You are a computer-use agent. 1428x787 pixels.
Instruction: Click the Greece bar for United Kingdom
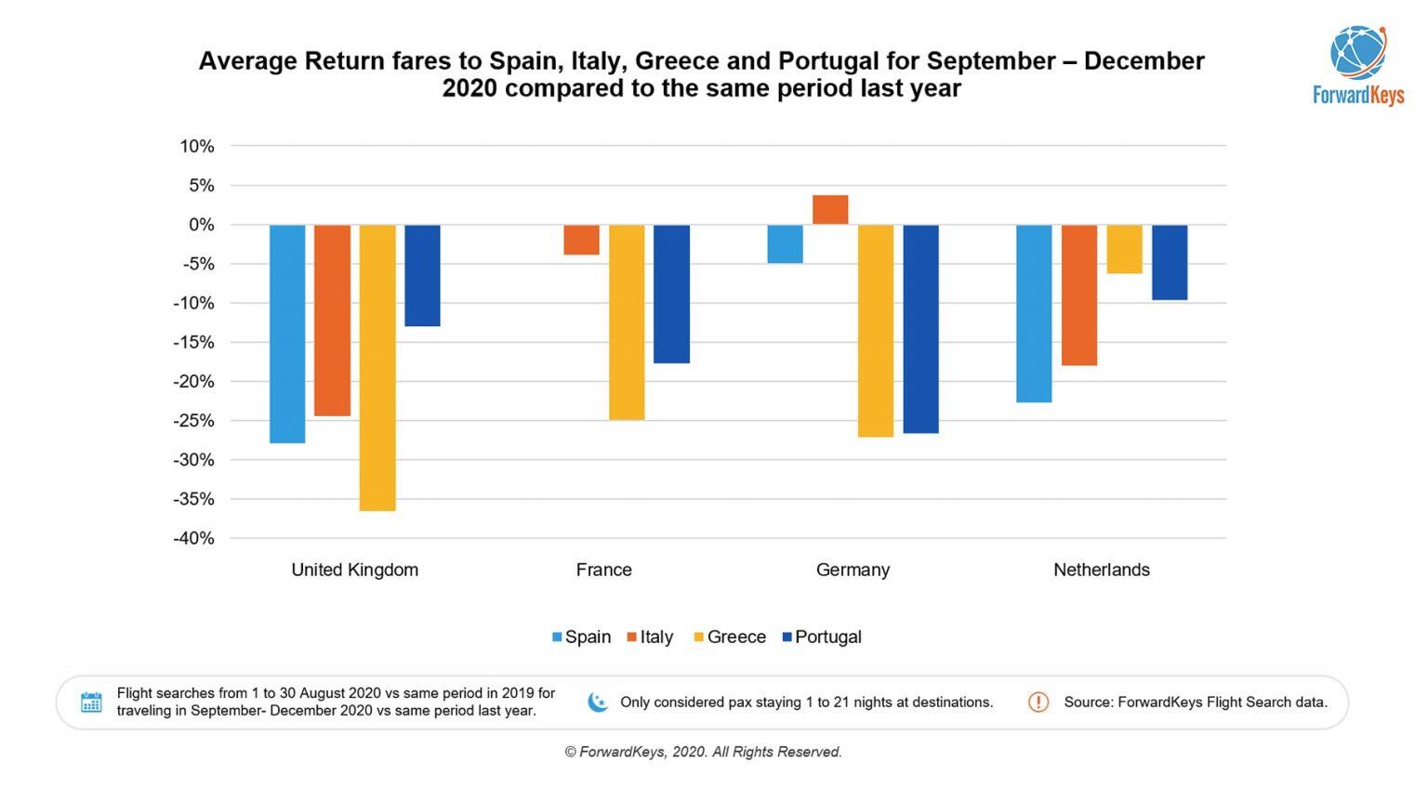[x=377, y=367]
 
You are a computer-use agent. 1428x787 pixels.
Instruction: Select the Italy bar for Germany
[x=830, y=210]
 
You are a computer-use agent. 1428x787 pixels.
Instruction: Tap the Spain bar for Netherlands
[x=1034, y=313]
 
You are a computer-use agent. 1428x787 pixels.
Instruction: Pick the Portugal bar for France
[x=671, y=294]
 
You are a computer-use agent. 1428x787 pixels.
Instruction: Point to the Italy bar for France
[x=582, y=240]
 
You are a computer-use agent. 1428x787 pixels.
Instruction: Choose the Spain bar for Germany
[x=785, y=244]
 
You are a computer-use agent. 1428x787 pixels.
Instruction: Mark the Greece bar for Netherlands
[x=1124, y=249]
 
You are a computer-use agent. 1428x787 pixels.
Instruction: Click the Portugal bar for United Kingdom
[x=422, y=275]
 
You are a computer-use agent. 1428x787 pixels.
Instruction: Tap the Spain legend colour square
[x=557, y=637]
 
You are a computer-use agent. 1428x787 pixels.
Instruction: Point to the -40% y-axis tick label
[x=193, y=539]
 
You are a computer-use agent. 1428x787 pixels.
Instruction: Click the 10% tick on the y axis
[x=197, y=147]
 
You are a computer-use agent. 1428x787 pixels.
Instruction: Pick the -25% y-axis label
[x=193, y=421]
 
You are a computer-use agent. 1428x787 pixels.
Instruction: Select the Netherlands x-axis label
[x=1101, y=571]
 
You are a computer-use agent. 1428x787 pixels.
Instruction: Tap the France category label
[x=603, y=571]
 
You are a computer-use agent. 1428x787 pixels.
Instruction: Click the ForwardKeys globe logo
[x=1357, y=52]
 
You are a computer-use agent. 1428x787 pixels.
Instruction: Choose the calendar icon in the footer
[x=91, y=702]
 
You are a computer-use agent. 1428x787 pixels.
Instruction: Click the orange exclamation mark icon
[x=1038, y=702]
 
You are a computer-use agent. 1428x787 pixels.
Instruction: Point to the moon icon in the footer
[x=598, y=702]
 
